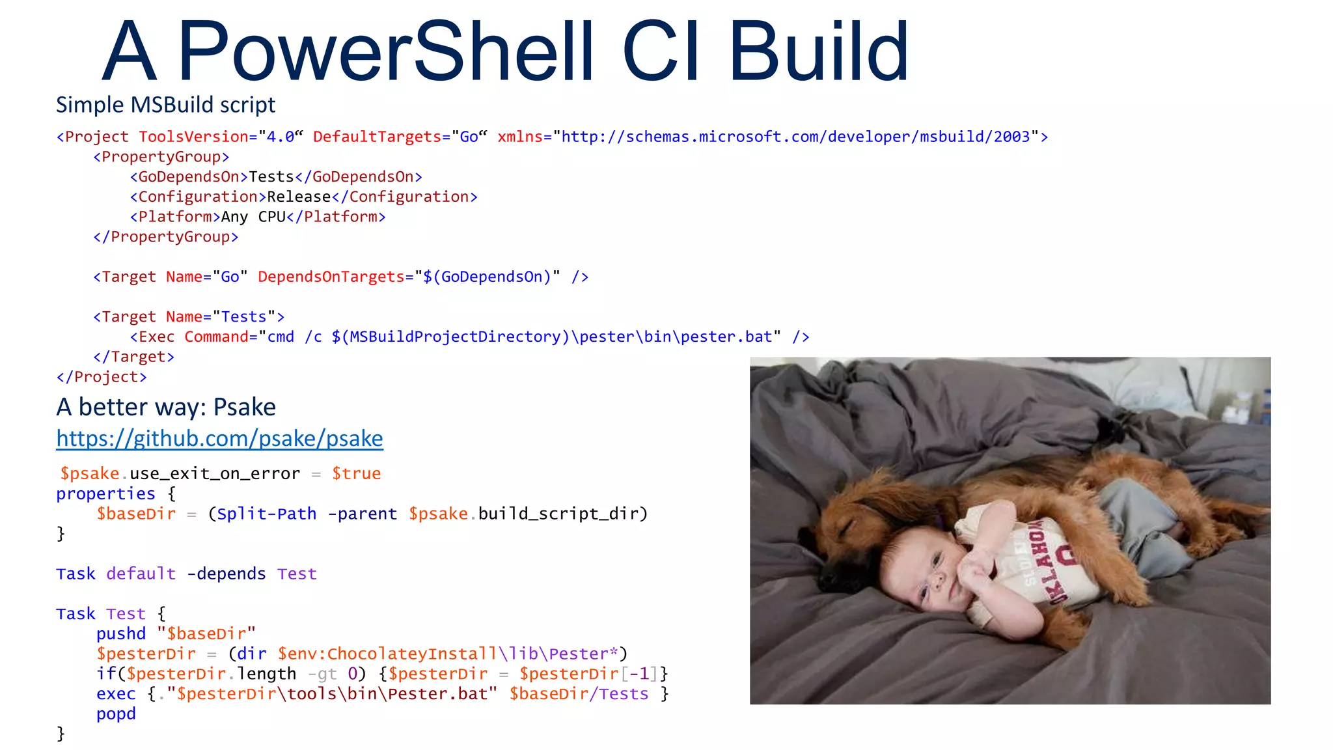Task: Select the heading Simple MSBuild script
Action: click(165, 105)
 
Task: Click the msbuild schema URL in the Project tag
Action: click(795, 137)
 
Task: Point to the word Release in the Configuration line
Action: click(299, 197)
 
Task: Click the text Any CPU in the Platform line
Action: click(253, 217)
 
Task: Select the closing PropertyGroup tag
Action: click(166, 237)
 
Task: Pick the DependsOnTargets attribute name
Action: click(331, 277)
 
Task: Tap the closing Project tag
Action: click(102, 377)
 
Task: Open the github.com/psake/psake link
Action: click(219, 439)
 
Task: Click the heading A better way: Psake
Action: click(166, 407)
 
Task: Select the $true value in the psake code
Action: click(356, 473)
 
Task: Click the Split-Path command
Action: click(267, 514)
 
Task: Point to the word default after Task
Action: click(141, 574)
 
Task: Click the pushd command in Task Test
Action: click(121, 633)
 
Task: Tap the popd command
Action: click(116, 714)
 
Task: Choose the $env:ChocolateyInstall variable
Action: click(387, 654)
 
